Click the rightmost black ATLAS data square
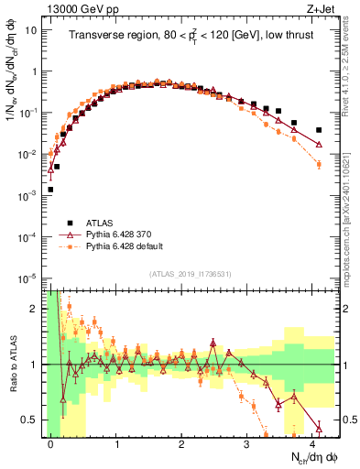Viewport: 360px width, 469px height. click(x=319, y=130)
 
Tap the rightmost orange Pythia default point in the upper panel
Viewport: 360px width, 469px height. click(x=319, y=164)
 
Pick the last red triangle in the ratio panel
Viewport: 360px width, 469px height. click(x=319, y=428)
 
